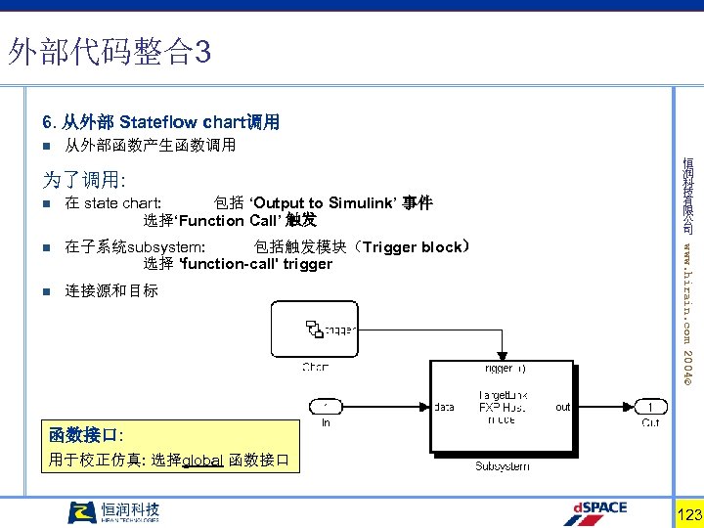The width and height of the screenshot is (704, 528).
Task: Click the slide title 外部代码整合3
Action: tap(109, 52)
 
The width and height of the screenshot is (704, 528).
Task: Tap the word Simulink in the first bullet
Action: tap(364, 203)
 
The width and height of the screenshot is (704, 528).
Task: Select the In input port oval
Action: tap(326, 406)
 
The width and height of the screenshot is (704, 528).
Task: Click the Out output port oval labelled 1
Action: tap(650, 406)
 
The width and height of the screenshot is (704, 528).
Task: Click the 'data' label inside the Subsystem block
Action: tap(444, 407)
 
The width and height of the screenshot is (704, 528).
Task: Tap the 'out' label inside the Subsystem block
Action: tap(562, 407)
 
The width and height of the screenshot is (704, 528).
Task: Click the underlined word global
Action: tap(203, 459)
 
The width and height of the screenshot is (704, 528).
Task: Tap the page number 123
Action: tap(689, 514)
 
